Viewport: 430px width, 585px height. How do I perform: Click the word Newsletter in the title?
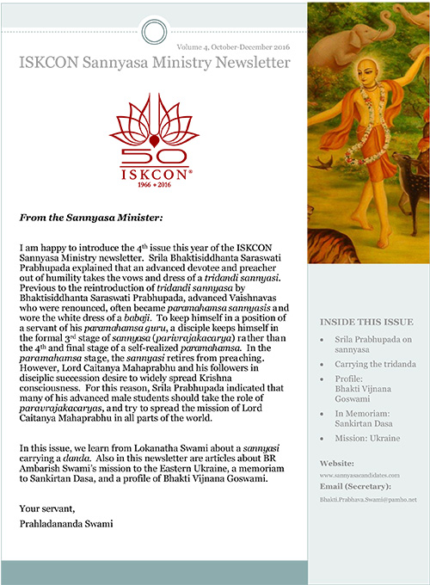pyautogui.click(x=244, y=63)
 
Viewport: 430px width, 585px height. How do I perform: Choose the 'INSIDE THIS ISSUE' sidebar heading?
pyautogui.click(x=366, y=322)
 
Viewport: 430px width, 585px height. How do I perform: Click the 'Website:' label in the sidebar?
pyautogui.click(x=338, y=461)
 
